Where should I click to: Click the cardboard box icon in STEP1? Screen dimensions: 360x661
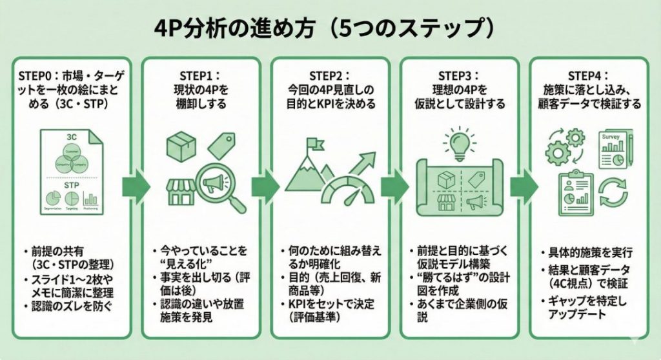(181, 147)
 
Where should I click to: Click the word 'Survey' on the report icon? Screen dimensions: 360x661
(610, 137)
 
